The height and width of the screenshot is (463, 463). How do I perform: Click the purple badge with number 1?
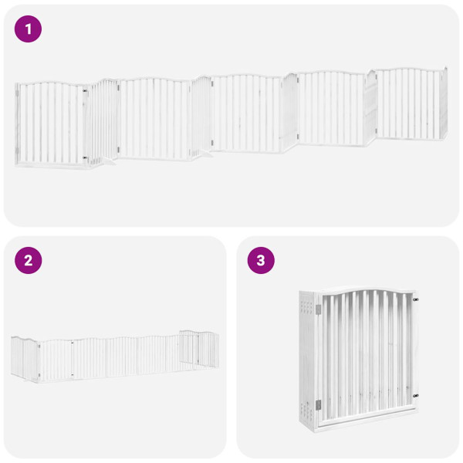[29, 29]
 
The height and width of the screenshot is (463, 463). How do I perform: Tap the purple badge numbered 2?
[29, 260]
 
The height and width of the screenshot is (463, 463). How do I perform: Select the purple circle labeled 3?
[261, 260]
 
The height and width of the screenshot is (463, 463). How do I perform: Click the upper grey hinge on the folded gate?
[317, 309]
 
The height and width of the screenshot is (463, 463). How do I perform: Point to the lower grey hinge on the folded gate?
[317, 404]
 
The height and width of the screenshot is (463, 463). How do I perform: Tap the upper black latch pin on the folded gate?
[416, 299]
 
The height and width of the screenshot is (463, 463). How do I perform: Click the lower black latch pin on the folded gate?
[416, 396]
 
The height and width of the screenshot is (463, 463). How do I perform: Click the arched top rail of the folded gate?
[367, 291]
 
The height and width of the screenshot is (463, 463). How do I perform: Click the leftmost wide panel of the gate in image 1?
[52, 123]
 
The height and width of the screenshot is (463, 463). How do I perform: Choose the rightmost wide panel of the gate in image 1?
[407, 104]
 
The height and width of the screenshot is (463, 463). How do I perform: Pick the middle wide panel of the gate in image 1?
[245, 112]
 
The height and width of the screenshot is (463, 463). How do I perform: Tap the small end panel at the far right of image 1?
[444, 104]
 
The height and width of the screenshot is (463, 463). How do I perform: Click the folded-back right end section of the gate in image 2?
[199, 349]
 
